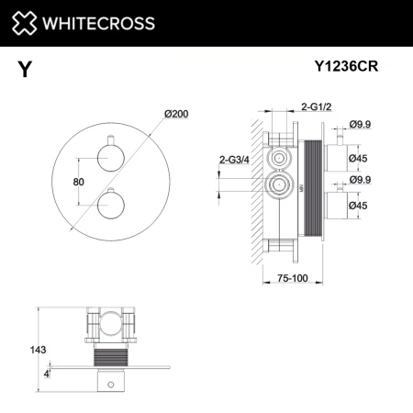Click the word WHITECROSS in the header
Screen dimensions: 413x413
pyautogui.click(x=95, y=23)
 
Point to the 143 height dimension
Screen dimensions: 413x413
pyautogui.click(x=37, y=349)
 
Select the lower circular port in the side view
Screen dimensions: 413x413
pyautogui.click(x=274, y=190)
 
